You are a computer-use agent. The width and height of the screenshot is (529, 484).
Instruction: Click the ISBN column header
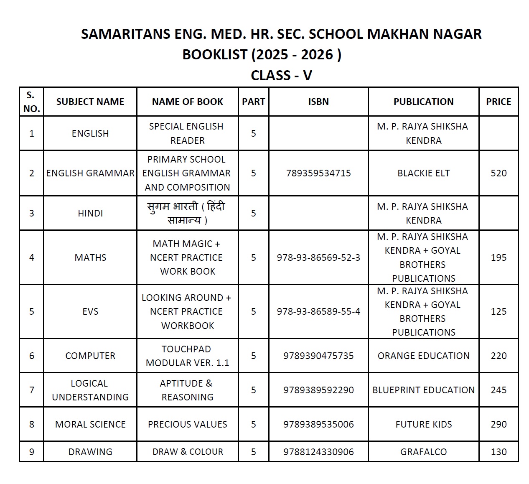pyautogui.click(x=318, y=102)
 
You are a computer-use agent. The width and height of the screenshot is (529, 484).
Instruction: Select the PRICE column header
pyautogui.click(x=498, y=102)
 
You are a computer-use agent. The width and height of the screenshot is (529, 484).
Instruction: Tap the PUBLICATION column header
pyautogui.click(x=423, y=102)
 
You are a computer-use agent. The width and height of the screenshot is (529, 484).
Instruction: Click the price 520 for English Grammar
pyautogui.click(x=498, y=173)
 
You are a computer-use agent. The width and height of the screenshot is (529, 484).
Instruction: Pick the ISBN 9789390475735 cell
pyautogui.click(x=318, y=356)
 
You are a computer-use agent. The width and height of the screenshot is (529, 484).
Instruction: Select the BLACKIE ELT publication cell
pyautogui.click(x=423, y=173)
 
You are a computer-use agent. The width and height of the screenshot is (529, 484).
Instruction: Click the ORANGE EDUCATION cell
pyautogui.click(x=423, y=356)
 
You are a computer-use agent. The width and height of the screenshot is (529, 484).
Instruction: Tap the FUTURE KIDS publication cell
pyautogui.click(x=423, y=424)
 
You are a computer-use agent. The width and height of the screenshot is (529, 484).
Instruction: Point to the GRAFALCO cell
pyautogui.click(x=423, y=452)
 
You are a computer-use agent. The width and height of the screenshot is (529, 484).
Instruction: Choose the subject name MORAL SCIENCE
pyautogui.click(x=90, y=424)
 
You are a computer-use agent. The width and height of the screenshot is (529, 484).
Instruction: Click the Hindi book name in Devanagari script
pyautogui.click(x=187, y=213)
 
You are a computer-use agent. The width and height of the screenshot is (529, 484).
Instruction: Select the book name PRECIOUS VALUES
pyautogui.click(x=187, y=424)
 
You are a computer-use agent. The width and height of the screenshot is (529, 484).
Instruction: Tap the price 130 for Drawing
pyautogui.click(x=498, y=452)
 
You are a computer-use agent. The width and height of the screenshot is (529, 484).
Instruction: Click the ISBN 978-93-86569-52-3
pyautogui.click(x=318, y=257)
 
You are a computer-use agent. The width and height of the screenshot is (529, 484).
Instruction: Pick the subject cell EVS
pyautogui.click(x=90, y=311)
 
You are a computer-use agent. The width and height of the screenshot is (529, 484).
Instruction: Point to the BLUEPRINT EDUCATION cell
pyautogui.click(x=423, y=390)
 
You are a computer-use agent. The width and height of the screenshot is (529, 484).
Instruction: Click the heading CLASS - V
pyautogui.click(x=281, y=75)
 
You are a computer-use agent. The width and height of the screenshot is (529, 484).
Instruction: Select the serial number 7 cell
pyautogui.click(x=32, y=390)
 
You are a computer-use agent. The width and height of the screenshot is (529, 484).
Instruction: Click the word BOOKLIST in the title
pyautogui.click(x=214, y=54)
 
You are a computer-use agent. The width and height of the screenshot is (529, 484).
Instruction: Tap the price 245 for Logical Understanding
pyautogui.click(x=498, y=390)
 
